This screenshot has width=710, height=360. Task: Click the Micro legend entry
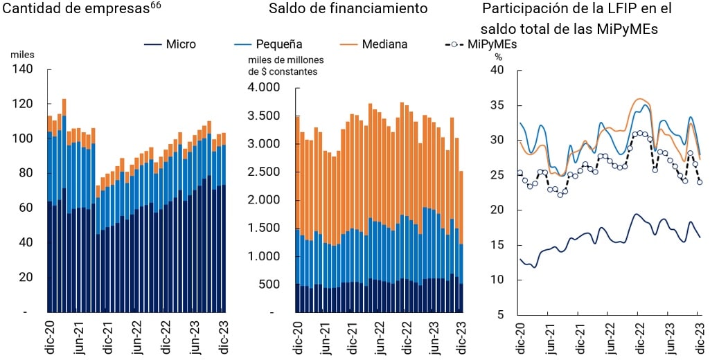pos(170,44)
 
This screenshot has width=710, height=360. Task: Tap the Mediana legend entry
pos(375,44)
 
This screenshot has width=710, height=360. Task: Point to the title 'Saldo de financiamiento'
pos(348,10)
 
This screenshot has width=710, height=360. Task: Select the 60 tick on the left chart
pos(26,208)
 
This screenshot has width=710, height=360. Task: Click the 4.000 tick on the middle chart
pos(265,87)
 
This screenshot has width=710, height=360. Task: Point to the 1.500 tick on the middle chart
pos(265,228)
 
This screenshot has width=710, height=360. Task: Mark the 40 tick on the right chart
pos(496,70)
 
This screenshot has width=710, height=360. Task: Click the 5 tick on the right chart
pos(499,315)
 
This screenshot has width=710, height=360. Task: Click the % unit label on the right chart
pos(498,57)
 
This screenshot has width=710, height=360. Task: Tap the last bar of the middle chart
pos(460,242)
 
